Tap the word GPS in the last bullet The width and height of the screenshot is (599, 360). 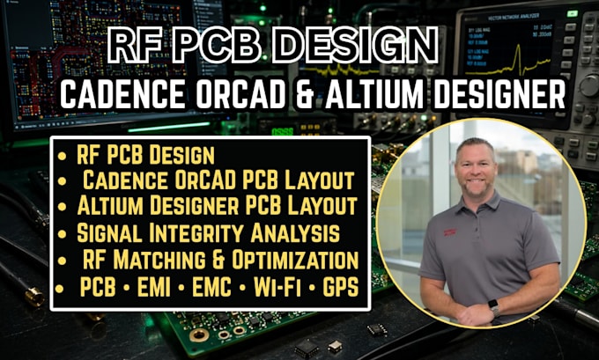pos(341,287)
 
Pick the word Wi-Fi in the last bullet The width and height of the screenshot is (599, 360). pos(277,287)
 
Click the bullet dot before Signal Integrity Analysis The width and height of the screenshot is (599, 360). pos(62,233)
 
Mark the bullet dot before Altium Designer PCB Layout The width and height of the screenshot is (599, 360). pos(62,207)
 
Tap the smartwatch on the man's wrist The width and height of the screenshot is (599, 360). pos(493,306)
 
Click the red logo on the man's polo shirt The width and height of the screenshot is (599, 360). pos(450,231)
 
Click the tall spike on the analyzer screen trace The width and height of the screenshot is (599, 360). pos(518,56)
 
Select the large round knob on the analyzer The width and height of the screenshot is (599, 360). pos(588,84)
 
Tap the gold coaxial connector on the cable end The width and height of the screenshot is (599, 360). pos(34,296)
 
